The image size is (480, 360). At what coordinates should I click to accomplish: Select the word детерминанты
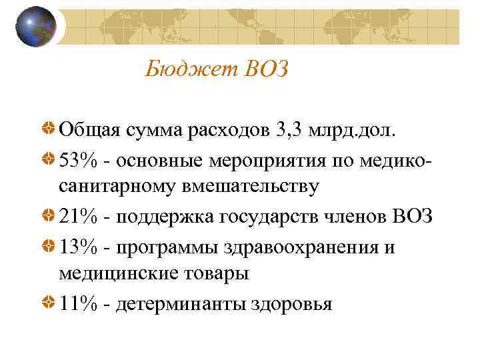click(179, 304)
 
